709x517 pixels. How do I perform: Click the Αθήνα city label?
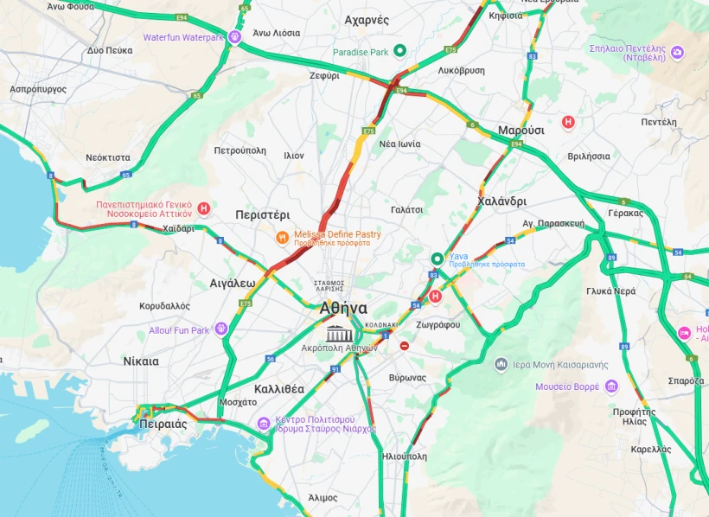(x=343, y=309)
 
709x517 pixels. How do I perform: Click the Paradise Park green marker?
(x=399, y=51)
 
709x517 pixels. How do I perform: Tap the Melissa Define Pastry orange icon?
(x=282, y=237)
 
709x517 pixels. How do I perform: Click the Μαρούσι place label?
(x=521, y=130)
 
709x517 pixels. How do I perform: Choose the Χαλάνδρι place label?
(x=501, y=201)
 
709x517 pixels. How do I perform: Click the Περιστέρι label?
(x=262, y=214)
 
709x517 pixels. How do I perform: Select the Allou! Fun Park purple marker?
(x=221, y=329)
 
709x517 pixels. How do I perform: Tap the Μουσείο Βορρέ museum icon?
(x=612, y=386)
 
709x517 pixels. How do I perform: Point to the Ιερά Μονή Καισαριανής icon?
(x=501, y=364)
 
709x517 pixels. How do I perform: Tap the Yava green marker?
(x=438, y=258)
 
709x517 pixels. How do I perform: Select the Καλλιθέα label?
(x=278, y=388)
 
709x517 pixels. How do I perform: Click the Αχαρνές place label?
(x=367, y=19)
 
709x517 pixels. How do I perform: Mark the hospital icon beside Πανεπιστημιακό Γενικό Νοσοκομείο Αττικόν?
(x=203, y=208)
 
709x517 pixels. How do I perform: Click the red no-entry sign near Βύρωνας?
(x=404, y=346)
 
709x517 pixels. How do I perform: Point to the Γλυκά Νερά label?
(x=610, y=291)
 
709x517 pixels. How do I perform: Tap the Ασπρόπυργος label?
(x=38, y=89)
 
